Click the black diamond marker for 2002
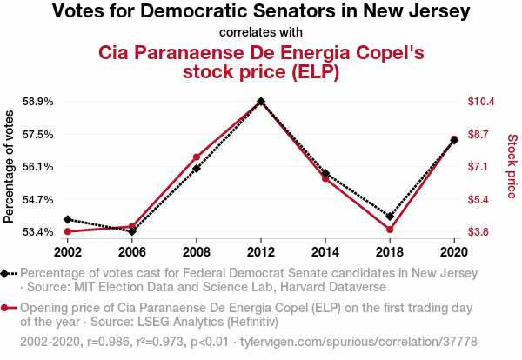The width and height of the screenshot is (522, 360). tap(67, 219)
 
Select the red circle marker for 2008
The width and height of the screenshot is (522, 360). tap(197, 157)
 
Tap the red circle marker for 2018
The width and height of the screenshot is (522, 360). tap(390, 230)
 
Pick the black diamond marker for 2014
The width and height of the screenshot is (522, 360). tap(325, 173)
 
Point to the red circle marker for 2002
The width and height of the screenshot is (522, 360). tap(67, 231)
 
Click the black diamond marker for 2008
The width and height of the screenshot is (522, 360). tap(197, 168)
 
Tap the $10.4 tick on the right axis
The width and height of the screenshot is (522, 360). tap(481, 102)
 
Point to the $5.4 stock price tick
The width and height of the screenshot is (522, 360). tap(481, 199)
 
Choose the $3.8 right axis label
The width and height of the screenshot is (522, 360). tap(481, 232)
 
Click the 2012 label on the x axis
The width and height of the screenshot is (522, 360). tap(261, 251)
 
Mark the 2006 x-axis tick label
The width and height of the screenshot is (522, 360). tap(131, 251)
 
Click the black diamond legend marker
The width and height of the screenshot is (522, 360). tap(6, 273)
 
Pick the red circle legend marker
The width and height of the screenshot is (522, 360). tap(6, 308)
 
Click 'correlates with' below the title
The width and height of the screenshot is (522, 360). tap(261, 33)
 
